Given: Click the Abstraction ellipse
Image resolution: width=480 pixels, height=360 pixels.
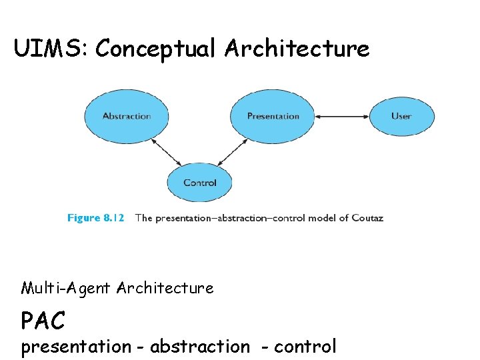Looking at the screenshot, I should tap(127, 116).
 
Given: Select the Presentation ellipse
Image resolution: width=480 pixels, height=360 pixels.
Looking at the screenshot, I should tap(273, 116).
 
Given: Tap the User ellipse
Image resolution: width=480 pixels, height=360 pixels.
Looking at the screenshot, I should tap(401, 116).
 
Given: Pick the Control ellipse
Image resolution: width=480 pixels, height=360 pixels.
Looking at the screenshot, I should tap(199, 182).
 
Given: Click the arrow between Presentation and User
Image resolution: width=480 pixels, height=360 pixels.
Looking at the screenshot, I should tap(343, 117).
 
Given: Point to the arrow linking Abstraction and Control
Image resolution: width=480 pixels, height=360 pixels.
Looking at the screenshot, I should tap(167, 152).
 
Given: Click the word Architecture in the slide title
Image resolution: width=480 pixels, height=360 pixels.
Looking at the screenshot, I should tap(297, 48).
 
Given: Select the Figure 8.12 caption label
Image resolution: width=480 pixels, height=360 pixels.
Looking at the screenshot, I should tap(95, 218).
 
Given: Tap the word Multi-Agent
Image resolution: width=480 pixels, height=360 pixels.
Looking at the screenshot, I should tap(66, 288).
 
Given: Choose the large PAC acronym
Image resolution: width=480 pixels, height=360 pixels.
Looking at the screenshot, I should tap(43, 321).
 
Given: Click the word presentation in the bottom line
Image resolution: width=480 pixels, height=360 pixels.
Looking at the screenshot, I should tap(76, 347).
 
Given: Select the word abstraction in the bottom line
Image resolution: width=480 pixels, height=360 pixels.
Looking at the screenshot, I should tap(199, 347).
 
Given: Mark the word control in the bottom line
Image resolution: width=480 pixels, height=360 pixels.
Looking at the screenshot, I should tap(305, 347).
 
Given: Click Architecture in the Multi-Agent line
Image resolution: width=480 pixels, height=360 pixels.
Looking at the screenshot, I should tap(165, 288).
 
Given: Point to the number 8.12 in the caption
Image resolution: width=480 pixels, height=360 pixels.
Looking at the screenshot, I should tap(111, 218).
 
